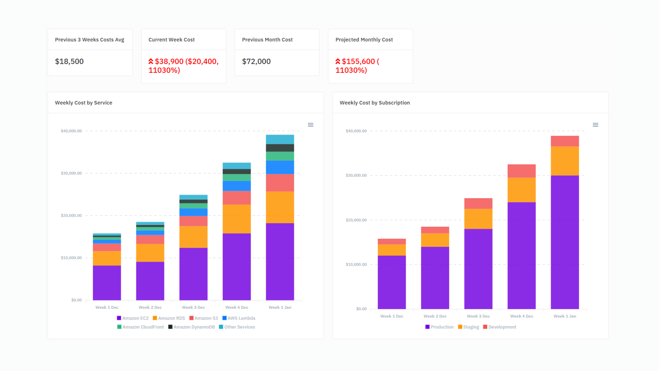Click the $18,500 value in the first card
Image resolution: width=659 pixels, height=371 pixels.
[x=69, y=61]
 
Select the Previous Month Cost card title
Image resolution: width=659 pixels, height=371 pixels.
[x=267, y=40]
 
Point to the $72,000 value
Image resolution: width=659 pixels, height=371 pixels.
[x=256, y=61]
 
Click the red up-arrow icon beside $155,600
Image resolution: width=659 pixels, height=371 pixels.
[x=338, y=61]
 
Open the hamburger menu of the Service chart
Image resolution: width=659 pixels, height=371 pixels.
[x=310, y=125]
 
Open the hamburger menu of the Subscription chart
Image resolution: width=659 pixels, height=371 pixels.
[x=595, y=125]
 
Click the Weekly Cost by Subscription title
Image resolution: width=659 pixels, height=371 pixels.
[x=374, y=103]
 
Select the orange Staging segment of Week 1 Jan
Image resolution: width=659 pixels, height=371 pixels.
[x=565, y=161]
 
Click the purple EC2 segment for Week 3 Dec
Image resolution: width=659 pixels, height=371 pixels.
[x=193, y=274]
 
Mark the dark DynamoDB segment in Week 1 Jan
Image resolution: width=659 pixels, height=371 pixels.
[x=280, y=148]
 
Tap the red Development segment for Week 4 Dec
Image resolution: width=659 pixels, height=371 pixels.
[x=521, y=171]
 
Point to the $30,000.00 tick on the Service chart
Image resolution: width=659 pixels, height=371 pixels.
[x=71, y=173]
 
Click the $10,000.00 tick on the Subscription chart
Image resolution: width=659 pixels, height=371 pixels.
[x=356, y=265]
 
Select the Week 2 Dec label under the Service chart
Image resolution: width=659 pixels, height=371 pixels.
[x=150, y=307]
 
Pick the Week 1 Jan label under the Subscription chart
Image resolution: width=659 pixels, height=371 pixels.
[x=565, y=316]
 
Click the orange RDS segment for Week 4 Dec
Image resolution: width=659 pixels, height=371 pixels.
[x=236, y=219]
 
